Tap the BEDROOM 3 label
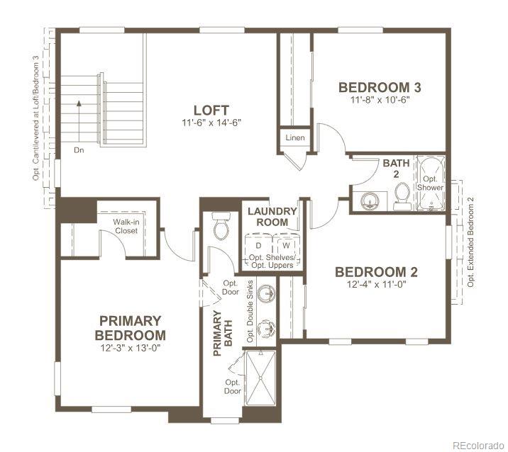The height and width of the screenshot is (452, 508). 380,88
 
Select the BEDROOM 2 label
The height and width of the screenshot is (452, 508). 376,272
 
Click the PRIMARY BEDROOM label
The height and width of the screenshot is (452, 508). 131,328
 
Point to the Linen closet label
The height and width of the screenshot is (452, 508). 295,137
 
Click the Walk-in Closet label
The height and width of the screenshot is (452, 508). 126,226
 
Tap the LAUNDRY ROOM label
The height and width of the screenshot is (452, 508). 272,217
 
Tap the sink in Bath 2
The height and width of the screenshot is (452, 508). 369,201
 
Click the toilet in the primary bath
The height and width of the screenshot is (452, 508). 221,226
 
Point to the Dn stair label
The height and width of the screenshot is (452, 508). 79,150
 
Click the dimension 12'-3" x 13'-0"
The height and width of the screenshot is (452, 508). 131,348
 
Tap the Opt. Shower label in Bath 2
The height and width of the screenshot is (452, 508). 430,183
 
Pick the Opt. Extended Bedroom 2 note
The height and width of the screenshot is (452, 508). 470,241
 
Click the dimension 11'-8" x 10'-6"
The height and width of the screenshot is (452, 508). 380,100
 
